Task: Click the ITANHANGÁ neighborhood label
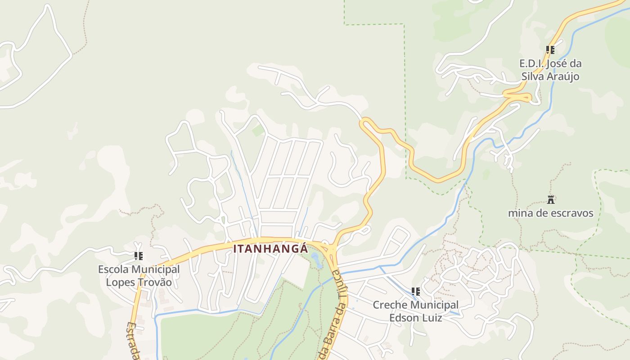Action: click(270, 249)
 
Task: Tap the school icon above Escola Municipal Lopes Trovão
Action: click(139, 256)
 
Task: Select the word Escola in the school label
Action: click(117, 270)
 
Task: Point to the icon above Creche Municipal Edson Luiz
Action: click(416, 292)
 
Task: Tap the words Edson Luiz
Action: click(415, 318)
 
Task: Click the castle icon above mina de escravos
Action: click(551, 199)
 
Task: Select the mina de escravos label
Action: click(551, 213)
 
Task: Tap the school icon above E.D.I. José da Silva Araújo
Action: click(550, 49)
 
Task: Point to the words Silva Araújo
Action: click(550, 76)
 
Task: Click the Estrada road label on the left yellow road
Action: click(132, 340)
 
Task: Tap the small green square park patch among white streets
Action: click(258, 131)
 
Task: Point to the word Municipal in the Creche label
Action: click(433, 306)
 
